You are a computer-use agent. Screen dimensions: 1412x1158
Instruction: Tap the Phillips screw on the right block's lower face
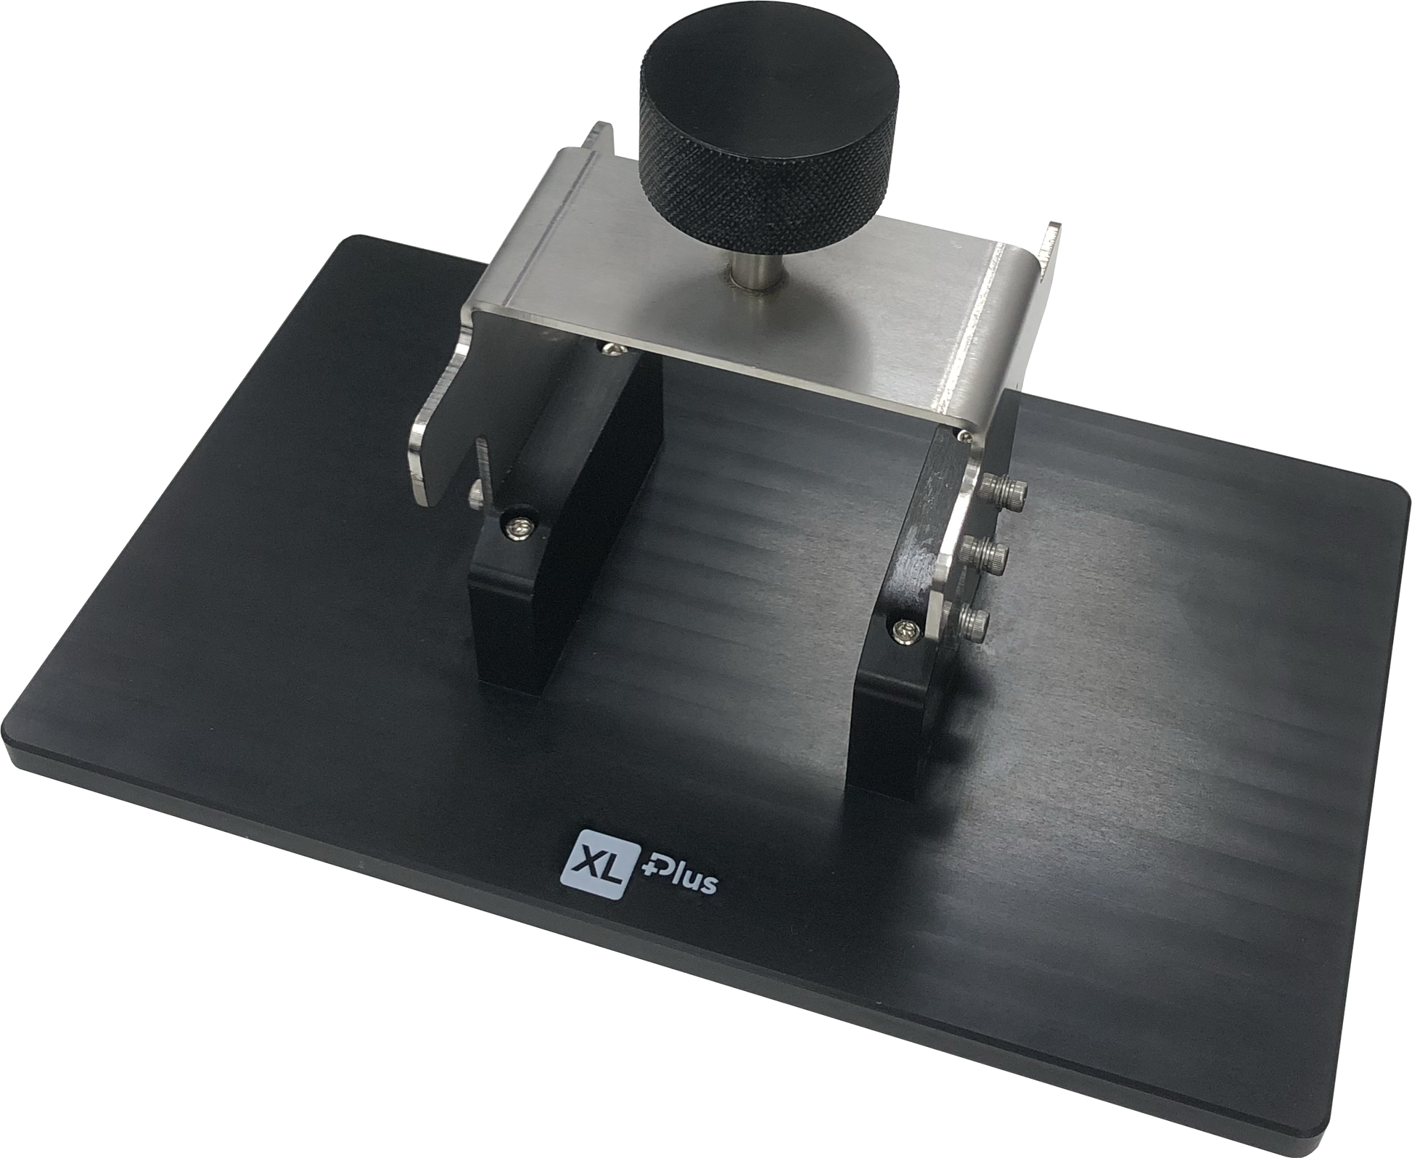pyautogui.click(x=905, y=628)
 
